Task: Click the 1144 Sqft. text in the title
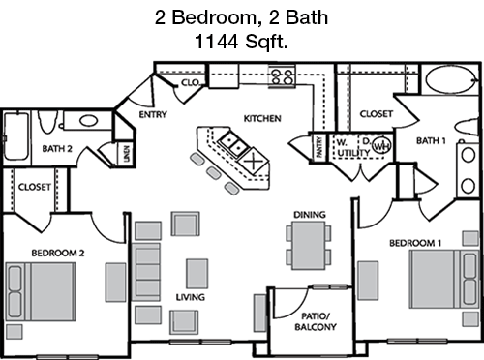coord(241,42)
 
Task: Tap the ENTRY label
coord(153,114)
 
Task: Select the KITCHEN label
coord(262,118)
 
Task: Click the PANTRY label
coord(319,147)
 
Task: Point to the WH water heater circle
coord(381,146)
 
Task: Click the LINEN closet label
coord(127,154)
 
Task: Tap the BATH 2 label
coord(57,149)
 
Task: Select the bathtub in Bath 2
coord(15,136)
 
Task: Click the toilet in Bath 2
coord(47,122)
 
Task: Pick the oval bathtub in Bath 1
coord(451,79)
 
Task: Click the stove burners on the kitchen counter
coord(282,76)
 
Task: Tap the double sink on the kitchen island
coord(232,144)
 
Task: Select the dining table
coord(309,245)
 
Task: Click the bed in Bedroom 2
coord(41,291)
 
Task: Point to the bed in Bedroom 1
coord(444,279)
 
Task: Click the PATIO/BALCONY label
coord(316,321)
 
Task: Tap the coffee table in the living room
coord(197,274)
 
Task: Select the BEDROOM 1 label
coord(415,243)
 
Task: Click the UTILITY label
coord(353,152)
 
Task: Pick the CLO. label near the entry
coord(191,82)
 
